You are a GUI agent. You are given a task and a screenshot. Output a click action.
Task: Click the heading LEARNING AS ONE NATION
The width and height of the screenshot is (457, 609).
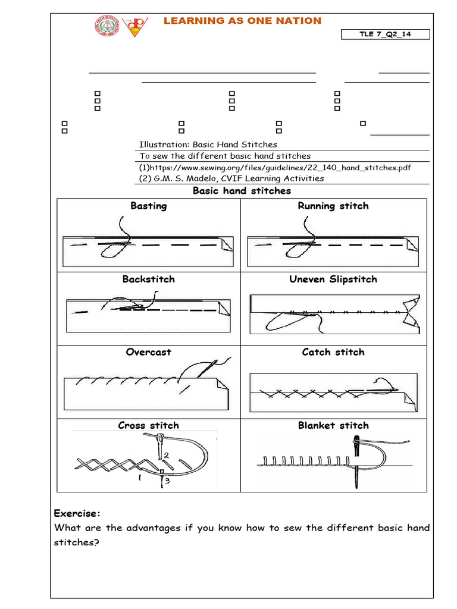click(242, 21)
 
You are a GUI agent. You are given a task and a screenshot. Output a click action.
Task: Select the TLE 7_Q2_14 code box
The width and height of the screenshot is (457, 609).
click(385, 34)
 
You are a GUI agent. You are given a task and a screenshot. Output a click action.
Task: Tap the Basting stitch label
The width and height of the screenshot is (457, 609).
click(149, 206)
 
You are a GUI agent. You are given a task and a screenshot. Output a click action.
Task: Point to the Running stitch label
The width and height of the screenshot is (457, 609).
click(333, 206)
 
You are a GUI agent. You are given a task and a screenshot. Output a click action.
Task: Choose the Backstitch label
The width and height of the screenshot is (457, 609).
click(149, 279)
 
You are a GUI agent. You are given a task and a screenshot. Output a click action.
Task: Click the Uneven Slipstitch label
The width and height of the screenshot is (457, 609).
click(333, 279)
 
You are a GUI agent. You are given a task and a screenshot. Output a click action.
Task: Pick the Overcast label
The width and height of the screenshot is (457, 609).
click(149, 352)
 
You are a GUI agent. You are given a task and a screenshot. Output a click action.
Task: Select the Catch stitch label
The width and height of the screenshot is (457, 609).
click(333, 352)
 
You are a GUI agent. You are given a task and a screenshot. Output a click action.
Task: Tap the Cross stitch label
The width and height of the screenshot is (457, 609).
click(149, 425)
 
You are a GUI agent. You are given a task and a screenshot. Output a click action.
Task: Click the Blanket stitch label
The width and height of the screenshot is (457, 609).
click(333, 425)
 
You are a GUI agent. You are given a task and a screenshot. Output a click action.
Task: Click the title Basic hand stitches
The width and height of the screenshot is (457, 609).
click(242, 191)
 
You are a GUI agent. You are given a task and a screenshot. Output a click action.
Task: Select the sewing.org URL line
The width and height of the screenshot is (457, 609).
click(274, 168)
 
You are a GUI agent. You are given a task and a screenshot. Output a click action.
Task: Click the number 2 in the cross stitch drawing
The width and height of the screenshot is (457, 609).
click(167, 455)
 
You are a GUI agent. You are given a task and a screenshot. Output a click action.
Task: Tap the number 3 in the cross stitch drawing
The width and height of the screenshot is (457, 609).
click(167, 481)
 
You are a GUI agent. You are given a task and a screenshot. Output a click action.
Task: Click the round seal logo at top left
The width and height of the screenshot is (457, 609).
click(108, 27)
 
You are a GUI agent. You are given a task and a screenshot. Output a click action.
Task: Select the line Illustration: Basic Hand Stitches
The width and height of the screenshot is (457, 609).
click(208, 145)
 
